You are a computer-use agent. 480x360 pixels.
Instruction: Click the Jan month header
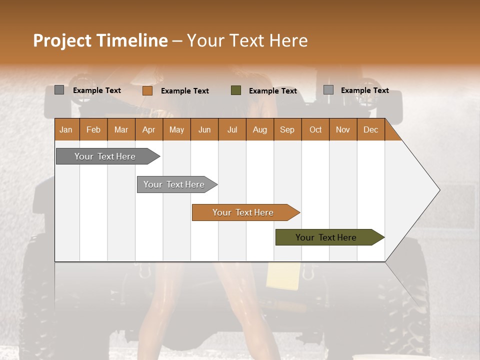point(66,129)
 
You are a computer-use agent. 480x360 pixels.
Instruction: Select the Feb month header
point(93,129)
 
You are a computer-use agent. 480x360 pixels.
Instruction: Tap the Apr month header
point(148,129)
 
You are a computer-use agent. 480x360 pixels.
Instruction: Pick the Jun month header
point(204,129)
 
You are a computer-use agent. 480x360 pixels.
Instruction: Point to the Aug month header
point(259,129)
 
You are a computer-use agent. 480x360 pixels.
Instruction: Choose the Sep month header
point(287,129)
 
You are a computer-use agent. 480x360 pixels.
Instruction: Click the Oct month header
point(315,129)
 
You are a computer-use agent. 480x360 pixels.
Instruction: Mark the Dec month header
point(370,129)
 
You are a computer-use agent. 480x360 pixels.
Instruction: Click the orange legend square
point(147,90)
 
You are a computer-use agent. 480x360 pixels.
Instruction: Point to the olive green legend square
point(236,90)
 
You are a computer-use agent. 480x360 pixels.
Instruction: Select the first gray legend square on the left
point(59,90)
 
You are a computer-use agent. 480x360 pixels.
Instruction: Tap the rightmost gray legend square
point(328,90)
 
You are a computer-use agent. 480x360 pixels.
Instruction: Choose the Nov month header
point(342,129)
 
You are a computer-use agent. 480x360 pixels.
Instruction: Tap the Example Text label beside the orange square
point(185,91)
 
